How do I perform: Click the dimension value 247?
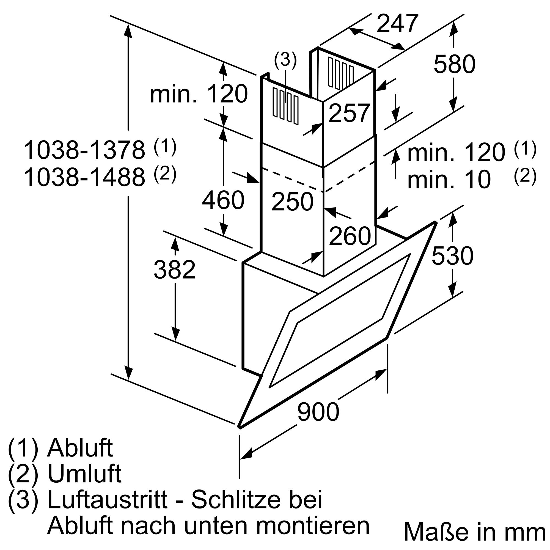[398, 23]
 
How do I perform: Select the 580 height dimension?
[454, 64]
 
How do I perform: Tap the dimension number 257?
[349, 113]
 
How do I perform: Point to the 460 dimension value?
[223, 200]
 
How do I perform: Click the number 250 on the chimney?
[292, 202]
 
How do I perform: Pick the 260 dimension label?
[350, 235]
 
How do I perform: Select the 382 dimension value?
[175, 269]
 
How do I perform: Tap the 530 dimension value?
[452, 256]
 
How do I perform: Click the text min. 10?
[449, 180]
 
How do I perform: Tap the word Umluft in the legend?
[84, 475]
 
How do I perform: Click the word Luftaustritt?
[107, 500]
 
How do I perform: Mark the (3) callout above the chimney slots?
[285, 60]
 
